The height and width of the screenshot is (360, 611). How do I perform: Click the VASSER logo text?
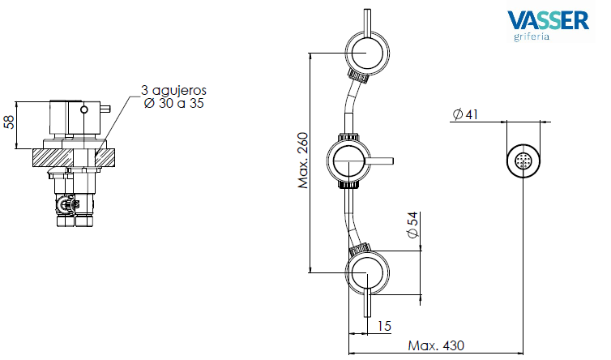pos(548,20)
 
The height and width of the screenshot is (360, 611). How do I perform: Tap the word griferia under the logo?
pos(532,37)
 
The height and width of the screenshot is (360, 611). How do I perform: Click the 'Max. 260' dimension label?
pos(302,161)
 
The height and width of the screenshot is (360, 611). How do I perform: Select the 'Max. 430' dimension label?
pos(436,345)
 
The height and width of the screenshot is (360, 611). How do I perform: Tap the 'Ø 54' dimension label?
pos(412,225)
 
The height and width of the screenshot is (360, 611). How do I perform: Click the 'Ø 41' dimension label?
pos(465,114)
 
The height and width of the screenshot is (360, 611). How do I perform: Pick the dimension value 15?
pos(384,326)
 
